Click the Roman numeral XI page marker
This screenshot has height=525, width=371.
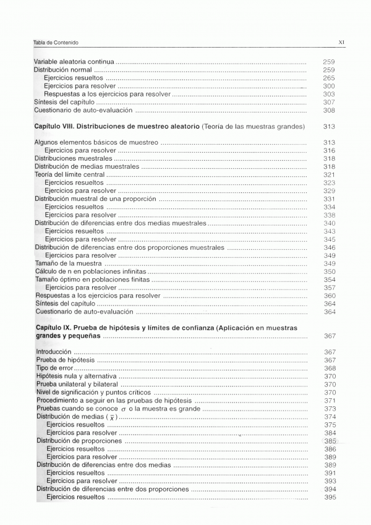(x=341, y=42)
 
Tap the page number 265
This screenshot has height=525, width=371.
(x=329, y=79)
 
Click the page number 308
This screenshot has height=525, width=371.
(x=329, y=110)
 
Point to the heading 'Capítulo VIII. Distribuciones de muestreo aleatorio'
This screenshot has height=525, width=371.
(x=116, y=126)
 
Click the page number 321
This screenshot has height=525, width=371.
(x=329, y=175)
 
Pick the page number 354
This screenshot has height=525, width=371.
(x=329, y=280)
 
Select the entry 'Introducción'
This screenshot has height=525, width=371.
(x=54, y=352)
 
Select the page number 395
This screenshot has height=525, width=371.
(x=330, y=497)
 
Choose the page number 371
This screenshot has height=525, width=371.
(x=330, y=400)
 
